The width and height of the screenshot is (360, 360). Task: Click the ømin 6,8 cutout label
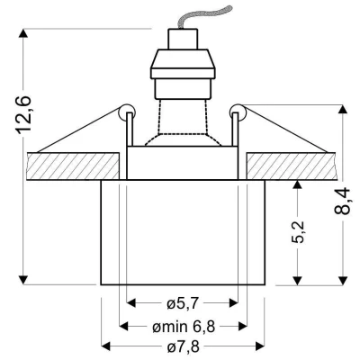(x=183, y=325)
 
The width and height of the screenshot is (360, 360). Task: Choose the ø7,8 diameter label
(x=184, y=346)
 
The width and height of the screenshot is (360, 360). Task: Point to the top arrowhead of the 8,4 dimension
(x=344, y=111)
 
